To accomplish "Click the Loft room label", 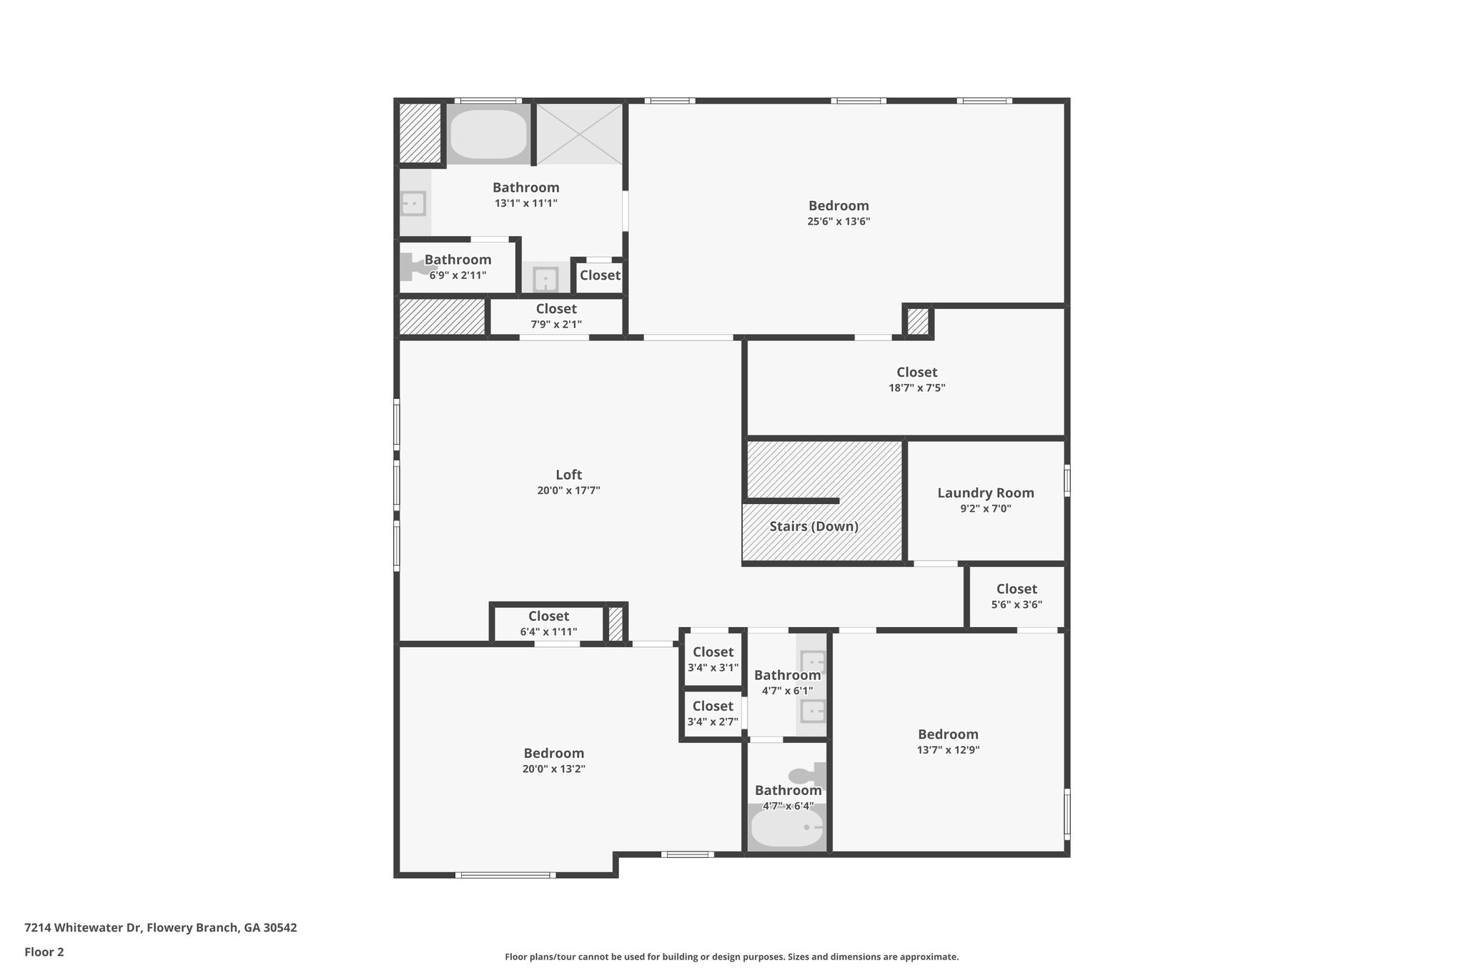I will click(x=568, y=475).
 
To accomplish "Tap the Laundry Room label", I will click(x=985, y=493).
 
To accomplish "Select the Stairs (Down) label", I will click(x=813, y=526).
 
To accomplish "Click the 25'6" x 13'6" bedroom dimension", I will click(x=839, y=222).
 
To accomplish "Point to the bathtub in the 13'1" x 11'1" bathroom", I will click(x=488, y=134).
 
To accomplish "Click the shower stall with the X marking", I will click(x=579, y=134).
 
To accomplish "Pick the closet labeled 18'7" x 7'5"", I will click(x=916, y=379).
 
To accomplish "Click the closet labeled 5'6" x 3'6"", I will click(x=1016, y=596).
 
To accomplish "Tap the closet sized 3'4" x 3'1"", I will click(x=713, y=659).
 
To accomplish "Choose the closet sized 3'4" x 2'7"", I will click(x=713, y=713).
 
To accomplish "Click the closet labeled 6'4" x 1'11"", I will click(x=548, y=623).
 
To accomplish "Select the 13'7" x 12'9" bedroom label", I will click(x=948, y=741).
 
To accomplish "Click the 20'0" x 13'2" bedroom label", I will click(x=554, y=760).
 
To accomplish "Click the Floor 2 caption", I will click(x=44, y=952).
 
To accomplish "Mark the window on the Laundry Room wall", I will click(x=1067, y=480).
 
